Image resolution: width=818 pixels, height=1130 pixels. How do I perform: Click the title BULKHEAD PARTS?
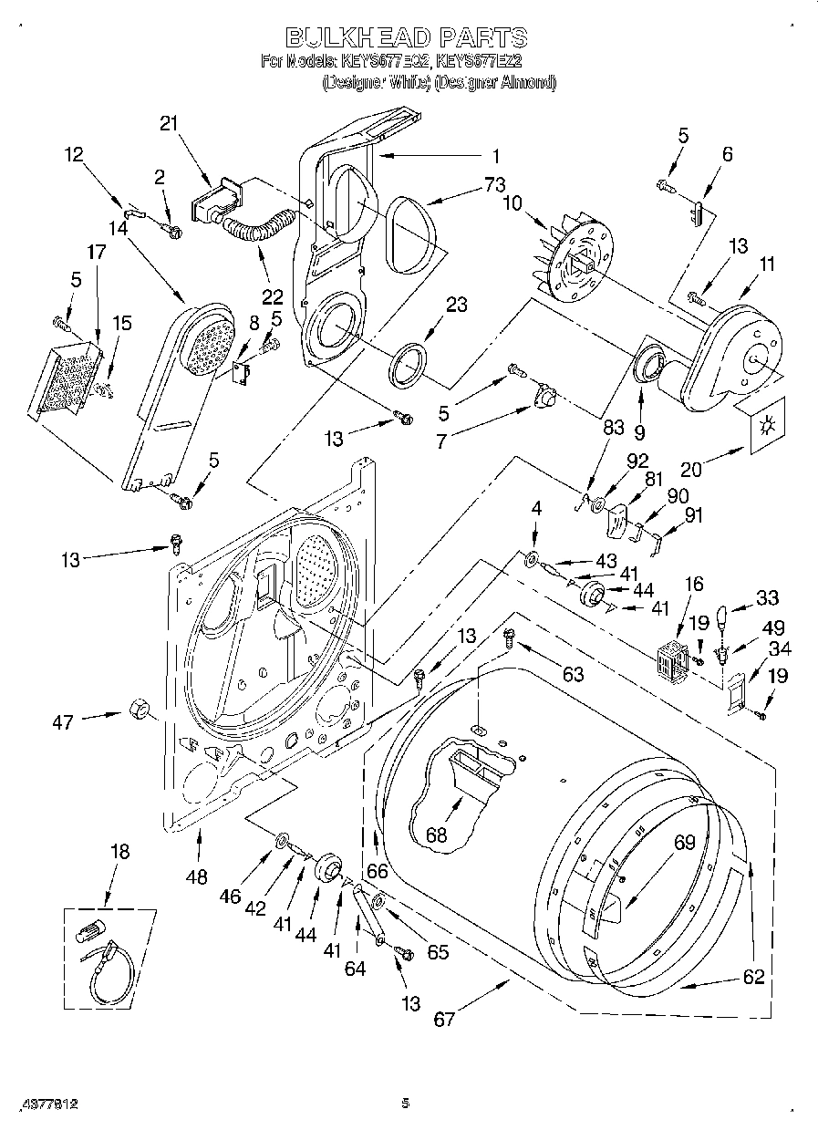[407, 37]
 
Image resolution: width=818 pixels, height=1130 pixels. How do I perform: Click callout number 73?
[494, 185]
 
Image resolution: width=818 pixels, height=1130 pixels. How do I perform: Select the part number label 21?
[168, 125]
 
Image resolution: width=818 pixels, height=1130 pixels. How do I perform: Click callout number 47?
[62, 723]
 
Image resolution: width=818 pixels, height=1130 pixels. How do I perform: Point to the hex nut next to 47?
[140, 709]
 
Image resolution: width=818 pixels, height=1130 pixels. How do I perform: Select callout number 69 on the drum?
[685, 844]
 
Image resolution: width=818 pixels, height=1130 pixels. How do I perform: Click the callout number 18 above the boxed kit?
[119, 851]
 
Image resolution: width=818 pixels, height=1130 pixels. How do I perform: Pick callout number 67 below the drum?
[444, 1020]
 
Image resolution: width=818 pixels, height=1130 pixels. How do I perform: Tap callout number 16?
[695, 585]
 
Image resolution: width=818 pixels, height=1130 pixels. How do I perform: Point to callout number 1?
[498, 154]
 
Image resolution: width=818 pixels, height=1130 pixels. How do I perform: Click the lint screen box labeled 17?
[64, 378]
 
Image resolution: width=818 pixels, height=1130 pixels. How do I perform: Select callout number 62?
[753, 978]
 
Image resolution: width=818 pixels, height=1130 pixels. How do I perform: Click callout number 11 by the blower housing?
[767, 265]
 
